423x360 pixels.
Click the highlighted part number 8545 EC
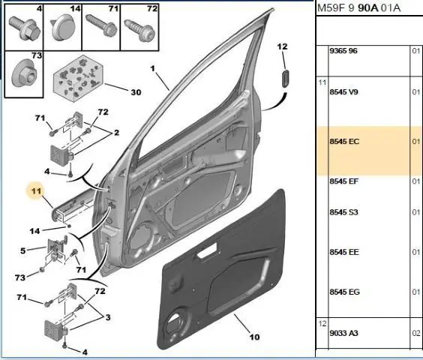[344, 142]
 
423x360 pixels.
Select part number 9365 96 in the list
[343, 51]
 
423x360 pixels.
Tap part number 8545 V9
[343, 92]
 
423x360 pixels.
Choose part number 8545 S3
[343, 212]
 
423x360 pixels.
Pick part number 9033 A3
[343, 333]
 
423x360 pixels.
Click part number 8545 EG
[344, 292]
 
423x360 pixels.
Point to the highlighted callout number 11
[36, 191]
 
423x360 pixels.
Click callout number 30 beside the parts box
[136, 92]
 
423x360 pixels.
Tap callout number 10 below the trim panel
[254, 337]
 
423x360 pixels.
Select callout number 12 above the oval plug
[283, 46]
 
